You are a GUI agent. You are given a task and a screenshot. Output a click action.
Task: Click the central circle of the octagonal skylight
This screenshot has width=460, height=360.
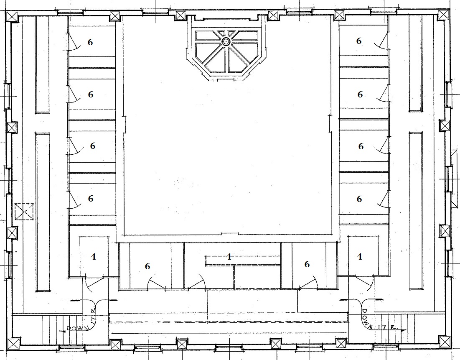coord(226,41)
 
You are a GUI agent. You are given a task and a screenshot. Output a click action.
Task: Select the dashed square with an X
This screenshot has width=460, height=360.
coord(24,212)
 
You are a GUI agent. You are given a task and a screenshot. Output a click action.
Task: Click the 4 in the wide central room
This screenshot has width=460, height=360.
coord(229,257)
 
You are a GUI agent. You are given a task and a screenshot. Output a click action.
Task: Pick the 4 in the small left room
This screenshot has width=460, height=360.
coord(94,257)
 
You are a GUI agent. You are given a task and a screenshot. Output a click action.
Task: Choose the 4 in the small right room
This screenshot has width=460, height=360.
coord(360,257)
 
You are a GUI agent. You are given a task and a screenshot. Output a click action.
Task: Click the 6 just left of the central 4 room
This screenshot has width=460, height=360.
coord(147,266)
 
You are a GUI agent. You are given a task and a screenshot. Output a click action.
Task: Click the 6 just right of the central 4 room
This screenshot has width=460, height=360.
coord(307,264)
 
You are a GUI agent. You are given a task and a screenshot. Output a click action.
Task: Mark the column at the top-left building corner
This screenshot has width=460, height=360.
coord(12,16)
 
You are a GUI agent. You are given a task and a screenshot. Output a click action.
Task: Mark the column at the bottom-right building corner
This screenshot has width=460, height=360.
coord(445,341)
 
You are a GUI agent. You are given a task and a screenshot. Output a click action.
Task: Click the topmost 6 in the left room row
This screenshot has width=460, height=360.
coord(90,42)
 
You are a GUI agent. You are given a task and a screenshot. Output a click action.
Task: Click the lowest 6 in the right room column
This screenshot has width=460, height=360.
coord(359,199)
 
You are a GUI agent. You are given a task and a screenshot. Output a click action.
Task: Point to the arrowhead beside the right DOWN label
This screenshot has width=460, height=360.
coord(404,330)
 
